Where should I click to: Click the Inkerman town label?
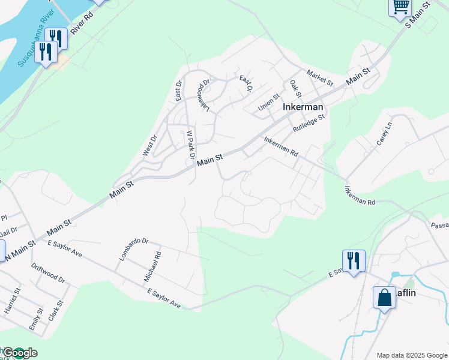(303, 107)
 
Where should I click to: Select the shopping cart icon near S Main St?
(400, 8)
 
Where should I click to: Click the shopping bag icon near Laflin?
(384, 297)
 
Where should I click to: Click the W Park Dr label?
(191, 145)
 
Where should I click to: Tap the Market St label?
(319, 78)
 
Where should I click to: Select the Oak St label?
(295, 89)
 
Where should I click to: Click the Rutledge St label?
(309, 124)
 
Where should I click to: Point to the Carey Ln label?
(384, 134)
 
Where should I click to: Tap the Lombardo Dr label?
(133, 248)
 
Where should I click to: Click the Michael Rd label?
(151, 268)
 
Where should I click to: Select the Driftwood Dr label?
(48, 274)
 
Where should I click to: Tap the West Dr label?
(149, 146)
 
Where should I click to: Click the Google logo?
(19, 353)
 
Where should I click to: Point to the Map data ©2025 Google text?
(412, 355)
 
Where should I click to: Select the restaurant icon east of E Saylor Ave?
(352, 261)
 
